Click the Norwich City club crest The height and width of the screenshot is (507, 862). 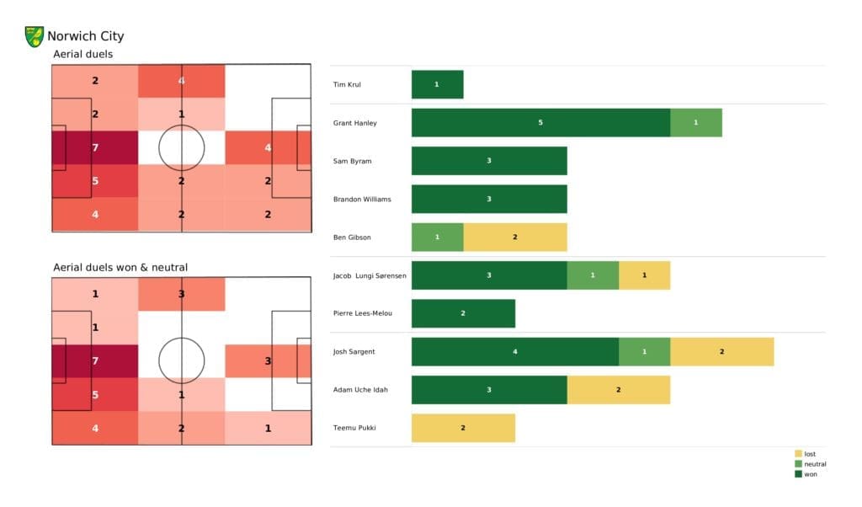click(x=35, y=36)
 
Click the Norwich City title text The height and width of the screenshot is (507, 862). click(x=85, y=36)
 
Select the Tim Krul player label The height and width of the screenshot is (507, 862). click(x=348, y=85)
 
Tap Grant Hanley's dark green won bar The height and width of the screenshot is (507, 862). click(x=540, y=123)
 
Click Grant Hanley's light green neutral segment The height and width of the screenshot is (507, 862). click(x=695, y=123)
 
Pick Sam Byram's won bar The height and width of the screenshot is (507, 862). click(x=489, y=161)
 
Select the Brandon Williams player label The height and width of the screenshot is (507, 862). click(x=362, y=199)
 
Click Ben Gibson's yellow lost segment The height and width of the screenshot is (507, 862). click(x=515, y=237)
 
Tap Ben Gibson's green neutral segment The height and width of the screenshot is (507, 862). click(x=437, y=237)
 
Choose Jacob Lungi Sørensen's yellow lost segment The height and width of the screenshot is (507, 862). click(x=644, y=275)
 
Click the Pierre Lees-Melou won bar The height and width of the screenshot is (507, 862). click(x=463, y=313)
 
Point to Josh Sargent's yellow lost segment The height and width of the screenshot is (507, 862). click(x=721, y=351)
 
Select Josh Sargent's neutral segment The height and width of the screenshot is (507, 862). click(x=644, y=351)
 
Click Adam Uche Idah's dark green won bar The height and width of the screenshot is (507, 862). click(x=489, y=390)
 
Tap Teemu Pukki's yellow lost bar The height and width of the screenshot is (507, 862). click(x=463, y=428)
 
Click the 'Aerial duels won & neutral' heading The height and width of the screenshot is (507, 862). click(x=120, y=268)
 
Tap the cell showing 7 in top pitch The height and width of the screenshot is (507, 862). click(x=94, y=148)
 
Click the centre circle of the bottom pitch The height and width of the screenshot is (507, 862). click(x=181, y=360)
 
